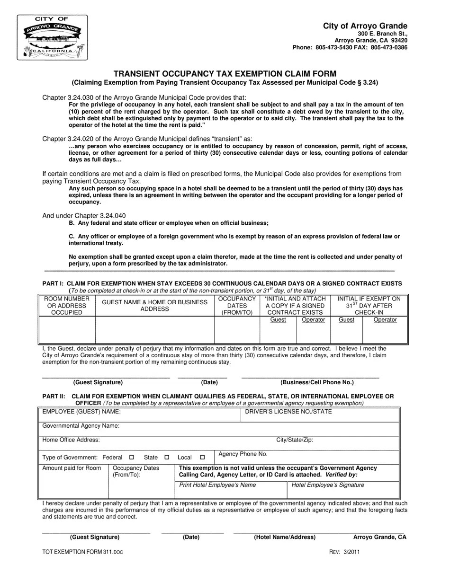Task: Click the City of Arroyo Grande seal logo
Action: click(52, 37)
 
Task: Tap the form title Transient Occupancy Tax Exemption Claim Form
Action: click(225, 74)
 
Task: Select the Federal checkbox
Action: click(132, 458)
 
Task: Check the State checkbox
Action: click(167, 458)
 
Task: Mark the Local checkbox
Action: click(202, 458)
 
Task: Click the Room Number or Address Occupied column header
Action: click(67, 306)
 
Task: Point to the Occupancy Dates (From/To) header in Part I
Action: click(237, 306)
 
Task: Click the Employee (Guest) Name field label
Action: click(81, 412)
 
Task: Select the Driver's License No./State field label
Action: click(288, 412)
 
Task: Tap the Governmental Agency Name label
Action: click(81, 426)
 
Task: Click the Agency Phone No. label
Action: click(243, 454)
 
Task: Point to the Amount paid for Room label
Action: click(72, 468)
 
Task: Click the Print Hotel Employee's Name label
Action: click(217, 485)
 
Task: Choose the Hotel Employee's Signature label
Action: click(328, 485)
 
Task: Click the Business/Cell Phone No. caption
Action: click(317, 382)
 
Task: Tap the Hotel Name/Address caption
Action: click(285, 537)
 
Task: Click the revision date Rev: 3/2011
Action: click(344, 552)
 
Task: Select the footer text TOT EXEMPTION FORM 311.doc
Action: click(82, 552)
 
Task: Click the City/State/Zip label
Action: click(295, 440)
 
